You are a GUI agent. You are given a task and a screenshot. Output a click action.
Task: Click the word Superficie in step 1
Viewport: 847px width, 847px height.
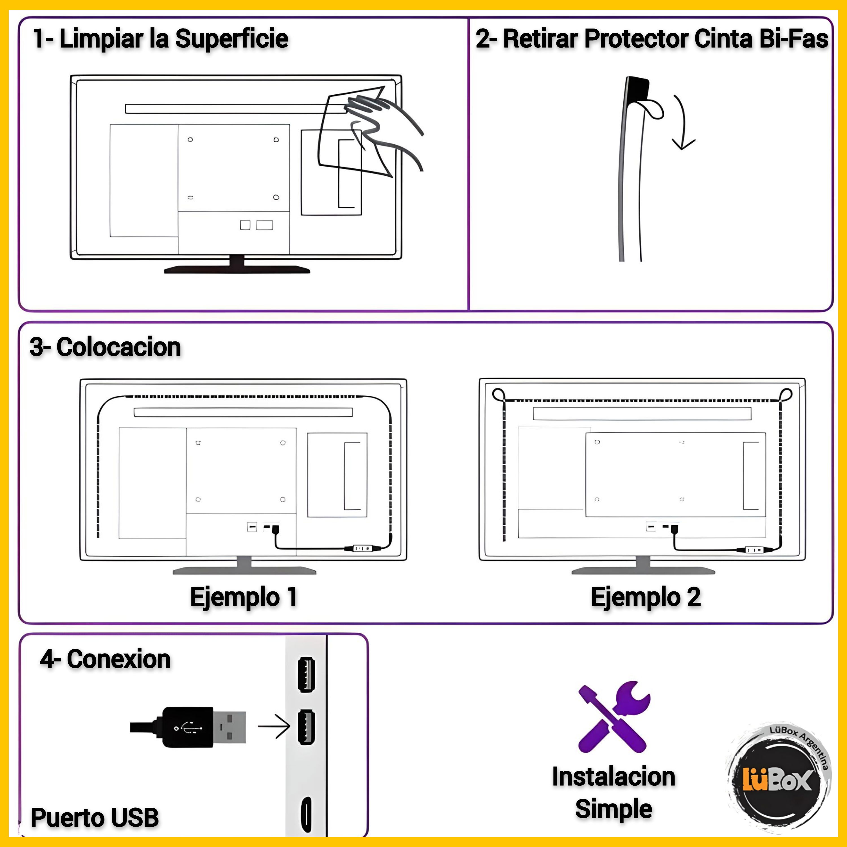tap(232, 39)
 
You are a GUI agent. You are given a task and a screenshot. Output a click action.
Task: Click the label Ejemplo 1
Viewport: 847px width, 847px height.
tap(244, 597)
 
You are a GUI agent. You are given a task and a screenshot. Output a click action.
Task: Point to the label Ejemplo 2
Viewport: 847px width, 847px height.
tap(646, 597)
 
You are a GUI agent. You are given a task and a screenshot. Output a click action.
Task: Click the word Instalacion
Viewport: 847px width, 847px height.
tap(614, 777)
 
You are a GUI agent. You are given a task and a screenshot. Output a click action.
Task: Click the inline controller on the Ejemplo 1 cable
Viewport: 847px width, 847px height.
tap(361, 548)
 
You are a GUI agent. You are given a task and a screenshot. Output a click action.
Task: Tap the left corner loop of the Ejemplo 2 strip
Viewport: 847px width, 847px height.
tap(498, 395)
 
